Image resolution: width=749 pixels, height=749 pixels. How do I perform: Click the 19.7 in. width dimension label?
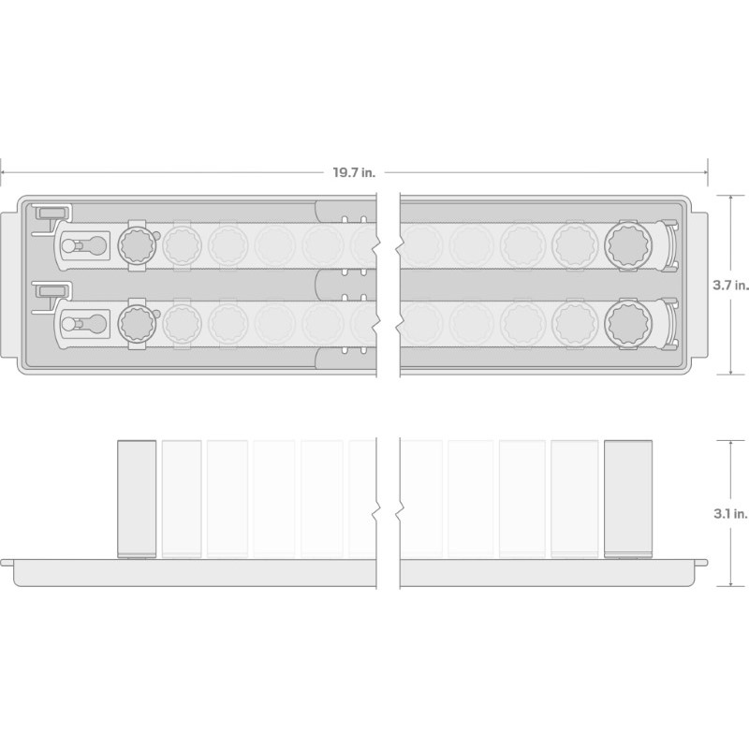(354, 172)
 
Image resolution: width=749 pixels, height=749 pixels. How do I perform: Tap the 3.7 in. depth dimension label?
(730, 286)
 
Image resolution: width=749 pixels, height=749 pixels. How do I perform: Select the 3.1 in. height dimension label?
(730, 514)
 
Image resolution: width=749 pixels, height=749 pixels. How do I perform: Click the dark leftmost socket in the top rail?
(137, 245)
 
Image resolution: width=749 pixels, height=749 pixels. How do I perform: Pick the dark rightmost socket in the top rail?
(628, 245)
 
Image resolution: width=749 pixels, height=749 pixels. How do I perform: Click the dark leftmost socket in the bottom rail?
(137, 323)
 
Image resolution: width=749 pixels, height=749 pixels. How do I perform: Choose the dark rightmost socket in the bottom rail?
(628, 324)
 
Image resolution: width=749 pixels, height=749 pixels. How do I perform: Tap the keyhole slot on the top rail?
(84, 245)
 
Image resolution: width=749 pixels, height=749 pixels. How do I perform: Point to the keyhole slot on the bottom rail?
(84, 324)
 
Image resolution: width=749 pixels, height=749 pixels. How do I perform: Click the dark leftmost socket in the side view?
(137, 499)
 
